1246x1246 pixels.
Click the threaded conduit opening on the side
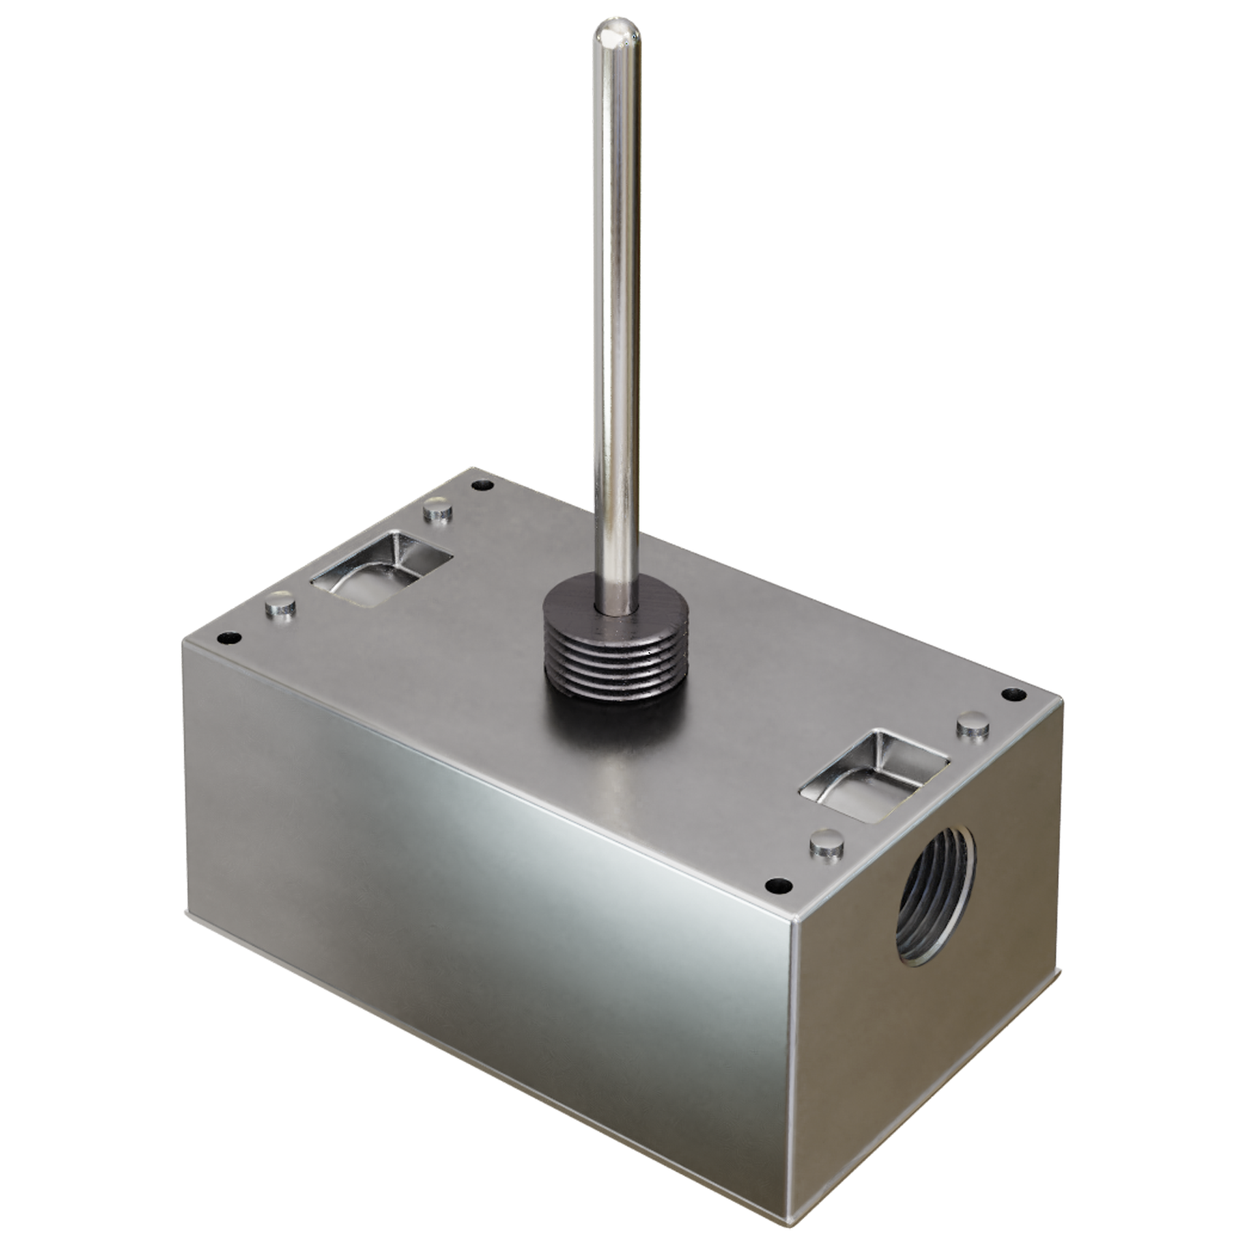coord(936,907)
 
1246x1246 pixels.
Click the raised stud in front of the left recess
coord(280,604)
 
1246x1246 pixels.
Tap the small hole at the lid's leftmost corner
coord(230,639)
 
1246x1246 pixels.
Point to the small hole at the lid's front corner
coord(780,886)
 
